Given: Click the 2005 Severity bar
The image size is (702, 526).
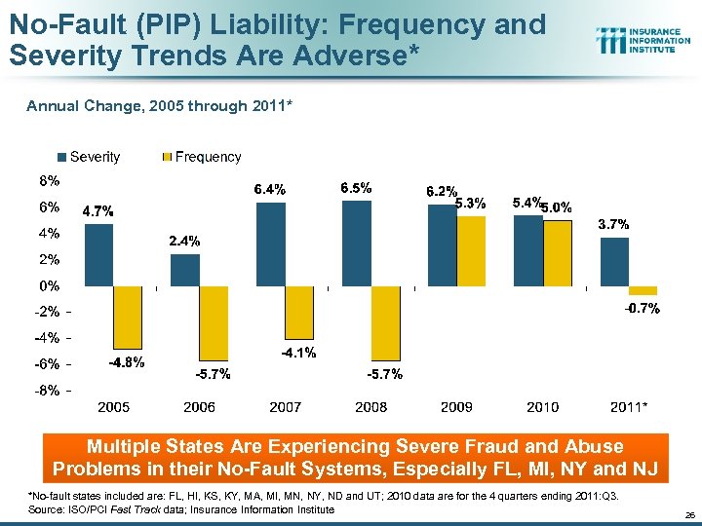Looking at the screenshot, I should [99, 255].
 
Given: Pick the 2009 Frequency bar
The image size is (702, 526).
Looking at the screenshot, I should [472, 251].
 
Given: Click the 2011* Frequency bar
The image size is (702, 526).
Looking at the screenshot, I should [643, 290].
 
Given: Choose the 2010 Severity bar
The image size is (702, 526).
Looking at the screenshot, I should [528, 250].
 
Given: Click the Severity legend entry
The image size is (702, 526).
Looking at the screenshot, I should [90, 157].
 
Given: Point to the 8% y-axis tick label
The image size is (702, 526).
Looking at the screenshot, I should [50, 180].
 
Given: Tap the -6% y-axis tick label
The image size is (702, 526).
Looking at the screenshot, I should [50, 364].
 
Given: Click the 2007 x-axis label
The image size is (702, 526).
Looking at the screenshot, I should [286, 406].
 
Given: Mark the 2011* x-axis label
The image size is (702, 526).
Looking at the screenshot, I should [629, 406].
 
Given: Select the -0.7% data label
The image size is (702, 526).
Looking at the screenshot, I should [643, 309].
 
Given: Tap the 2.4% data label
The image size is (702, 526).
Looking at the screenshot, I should [185, 241].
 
